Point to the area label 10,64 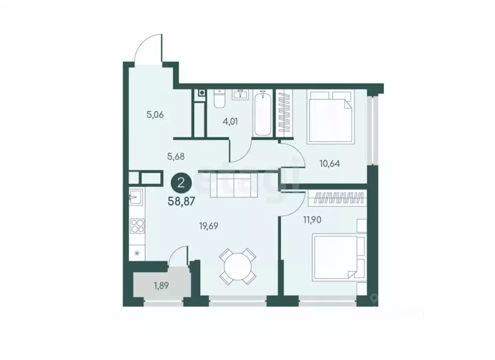pos(330,163)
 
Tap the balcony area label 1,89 pos(161,286)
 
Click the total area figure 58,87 pos(181,202)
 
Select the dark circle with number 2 pos(181,183)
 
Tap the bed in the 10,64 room pos(332,117)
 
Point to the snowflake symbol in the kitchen pos(136,252)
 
